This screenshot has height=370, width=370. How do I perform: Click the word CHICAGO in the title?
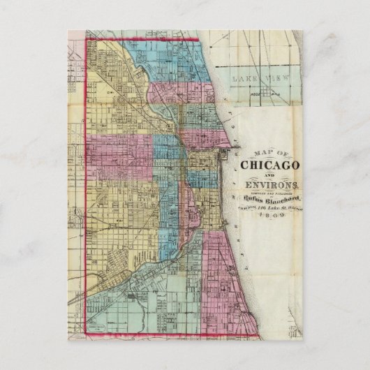coord(269,166)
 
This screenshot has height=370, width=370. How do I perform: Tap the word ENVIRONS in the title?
coord(269,186)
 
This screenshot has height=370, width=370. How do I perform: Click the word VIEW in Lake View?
coord(274,80)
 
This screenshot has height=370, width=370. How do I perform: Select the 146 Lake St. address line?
coord(269,206)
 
